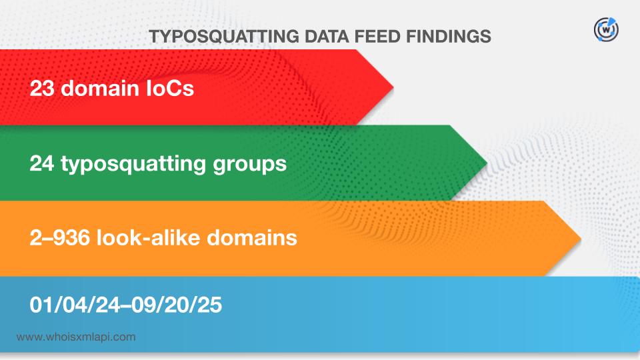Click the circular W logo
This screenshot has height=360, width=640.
606,30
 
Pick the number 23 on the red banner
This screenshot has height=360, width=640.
42,88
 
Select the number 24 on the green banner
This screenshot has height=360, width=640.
42,164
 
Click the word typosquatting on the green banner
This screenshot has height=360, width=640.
133,165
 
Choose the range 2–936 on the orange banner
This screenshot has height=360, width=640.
59,238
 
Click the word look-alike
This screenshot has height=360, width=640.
148,237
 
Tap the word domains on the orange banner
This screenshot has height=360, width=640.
252,237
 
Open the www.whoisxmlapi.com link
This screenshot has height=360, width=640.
76,337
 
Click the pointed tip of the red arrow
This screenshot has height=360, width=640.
393,87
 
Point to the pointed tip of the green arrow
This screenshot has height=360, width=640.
487,163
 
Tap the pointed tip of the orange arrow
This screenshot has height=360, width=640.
581,239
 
